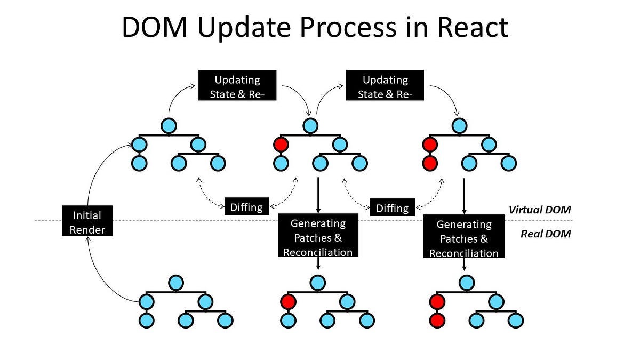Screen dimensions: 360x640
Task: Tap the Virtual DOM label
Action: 539,210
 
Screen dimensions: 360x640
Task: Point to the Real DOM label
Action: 546,233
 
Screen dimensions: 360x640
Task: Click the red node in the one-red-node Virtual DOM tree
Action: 280,144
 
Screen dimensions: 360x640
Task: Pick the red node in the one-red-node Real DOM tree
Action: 288,302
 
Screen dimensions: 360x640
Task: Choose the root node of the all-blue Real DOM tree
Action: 175,282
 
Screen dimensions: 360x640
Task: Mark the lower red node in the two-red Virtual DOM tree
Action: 429,163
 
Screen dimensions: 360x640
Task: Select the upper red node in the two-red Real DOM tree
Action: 437,302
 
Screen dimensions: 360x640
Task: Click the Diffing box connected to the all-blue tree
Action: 246,206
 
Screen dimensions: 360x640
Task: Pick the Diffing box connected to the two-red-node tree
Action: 393,207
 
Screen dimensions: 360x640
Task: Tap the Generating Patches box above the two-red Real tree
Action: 464,236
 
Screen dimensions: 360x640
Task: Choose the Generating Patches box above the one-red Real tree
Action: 318,236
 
